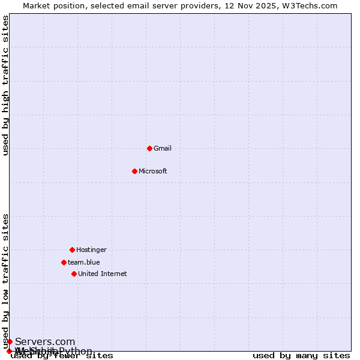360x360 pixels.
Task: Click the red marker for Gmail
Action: point(149,148)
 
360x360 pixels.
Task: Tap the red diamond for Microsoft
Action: point(134,171)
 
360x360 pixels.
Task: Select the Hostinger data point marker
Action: point(72,250)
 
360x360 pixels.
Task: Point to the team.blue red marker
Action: point(64,262)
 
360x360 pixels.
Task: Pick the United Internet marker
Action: point(74,274)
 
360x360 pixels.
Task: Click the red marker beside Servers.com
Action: point(10,341)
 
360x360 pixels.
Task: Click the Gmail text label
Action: point(163,148)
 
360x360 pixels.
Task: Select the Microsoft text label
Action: point(153,171)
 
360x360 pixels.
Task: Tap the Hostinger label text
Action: point(91,250)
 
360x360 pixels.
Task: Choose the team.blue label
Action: point(84,262)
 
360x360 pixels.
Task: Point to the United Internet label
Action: point(103,274)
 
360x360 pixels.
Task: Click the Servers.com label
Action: point(45,341)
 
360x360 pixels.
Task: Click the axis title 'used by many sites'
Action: point(301,356)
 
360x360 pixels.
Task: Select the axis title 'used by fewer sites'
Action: point(62,356)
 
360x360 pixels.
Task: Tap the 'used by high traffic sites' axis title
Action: point(6,85)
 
